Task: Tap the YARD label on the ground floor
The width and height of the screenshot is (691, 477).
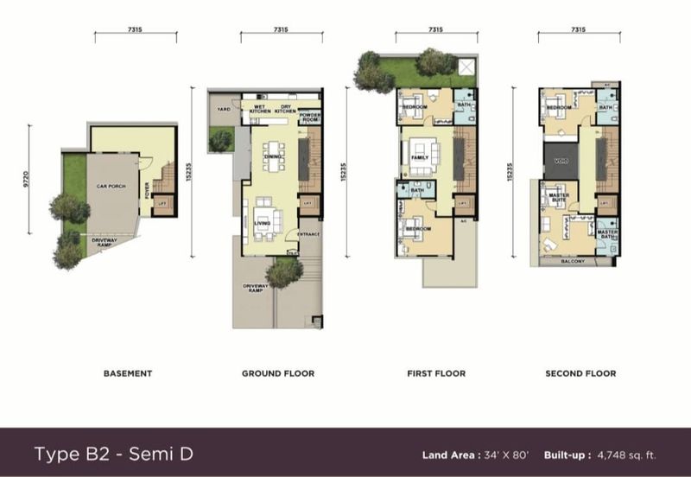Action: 223,109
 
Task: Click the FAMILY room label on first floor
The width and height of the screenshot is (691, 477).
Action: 421,158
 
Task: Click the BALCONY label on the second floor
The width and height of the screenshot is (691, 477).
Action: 573,261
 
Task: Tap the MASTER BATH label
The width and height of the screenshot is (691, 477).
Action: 607,233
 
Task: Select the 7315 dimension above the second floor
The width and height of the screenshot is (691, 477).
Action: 578,30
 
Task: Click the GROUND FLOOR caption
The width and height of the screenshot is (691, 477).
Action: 277,373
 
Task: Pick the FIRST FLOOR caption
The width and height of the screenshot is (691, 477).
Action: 436,373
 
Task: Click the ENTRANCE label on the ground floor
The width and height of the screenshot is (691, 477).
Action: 308,234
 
